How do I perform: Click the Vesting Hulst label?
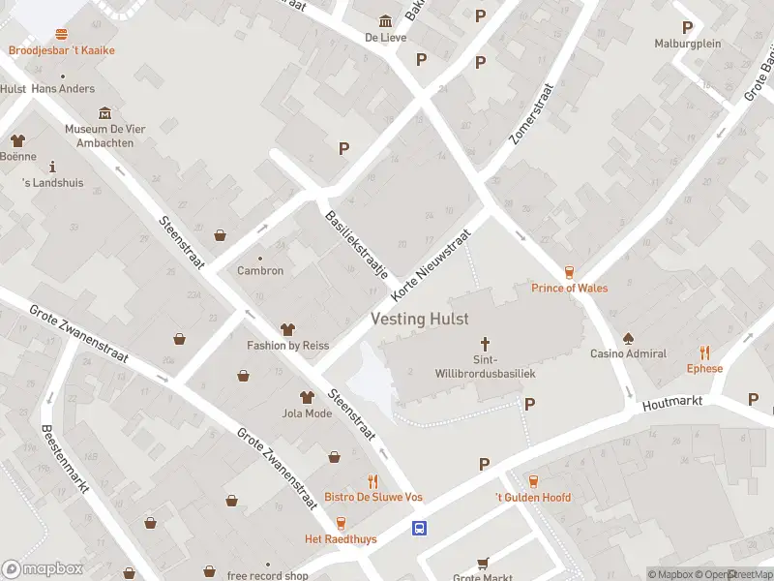[420, 319]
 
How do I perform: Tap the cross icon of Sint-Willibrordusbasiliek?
[486, 344]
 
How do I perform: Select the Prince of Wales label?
[570, 288]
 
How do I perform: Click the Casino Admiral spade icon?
[628, 338]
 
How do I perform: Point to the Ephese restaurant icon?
[704, 353]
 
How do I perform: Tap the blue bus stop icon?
[420, 528]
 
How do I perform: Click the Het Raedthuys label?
[341, 538]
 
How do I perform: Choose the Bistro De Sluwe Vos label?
[372, 497]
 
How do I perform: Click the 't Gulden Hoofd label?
[532, 498]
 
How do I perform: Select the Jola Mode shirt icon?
[307, 397]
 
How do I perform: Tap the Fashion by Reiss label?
[287, 346]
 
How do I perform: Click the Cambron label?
[260, 270]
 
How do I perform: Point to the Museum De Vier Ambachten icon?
[104, 113]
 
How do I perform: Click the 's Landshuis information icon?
[52, 167]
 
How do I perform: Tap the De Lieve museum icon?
[385, 21]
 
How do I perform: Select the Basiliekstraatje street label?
[356, 245]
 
